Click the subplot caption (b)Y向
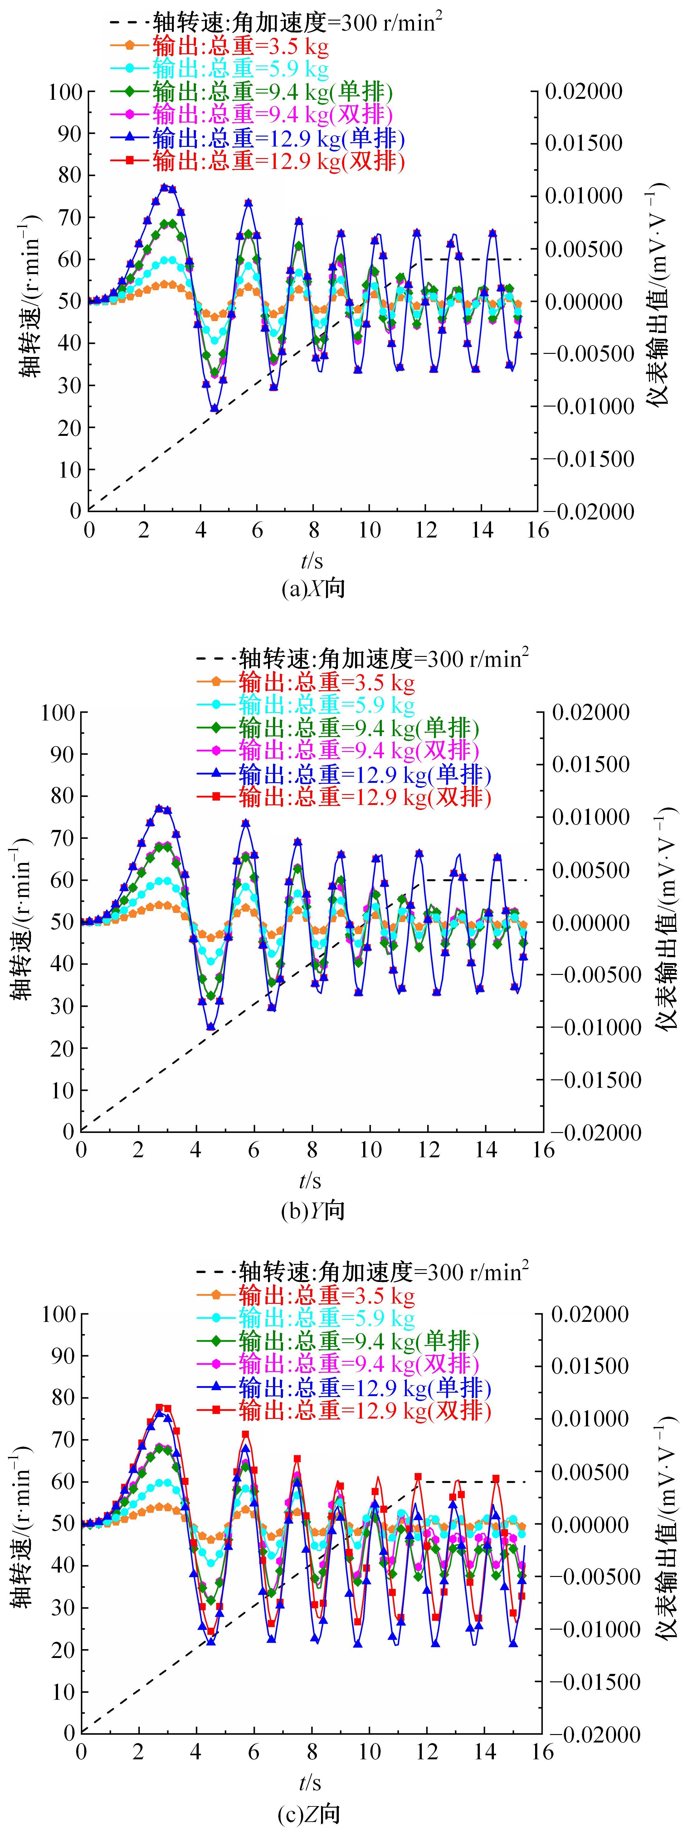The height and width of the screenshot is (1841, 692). pyautogui.click(x=313, y=1211)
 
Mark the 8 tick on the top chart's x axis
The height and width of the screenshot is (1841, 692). pyautogui.click(x=314, y=530)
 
